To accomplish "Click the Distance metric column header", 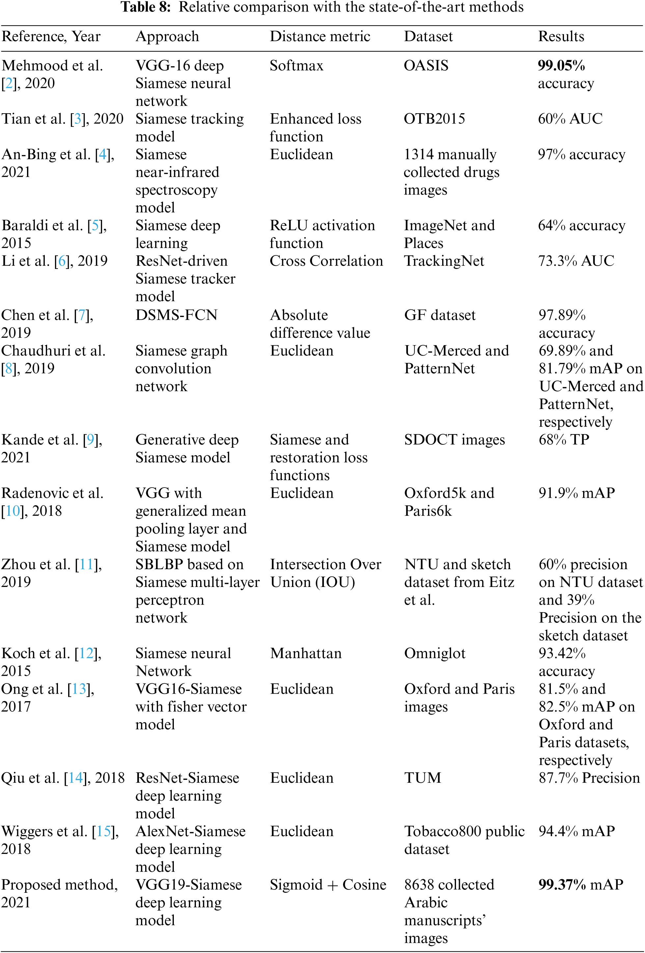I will click(320, 37).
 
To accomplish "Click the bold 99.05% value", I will click(561, 66).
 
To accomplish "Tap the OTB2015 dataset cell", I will click(434, 119).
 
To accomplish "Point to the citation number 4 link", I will click(102, 155).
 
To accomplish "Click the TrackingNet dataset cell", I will click(444, 261).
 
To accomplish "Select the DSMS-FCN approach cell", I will click(176, 315).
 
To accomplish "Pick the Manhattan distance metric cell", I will click(306, 653).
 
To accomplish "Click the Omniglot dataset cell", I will click(435, 653).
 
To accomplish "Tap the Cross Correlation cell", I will click(326, 261).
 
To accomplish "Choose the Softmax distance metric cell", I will click(296, 66).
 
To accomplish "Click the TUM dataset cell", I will click(422, 778).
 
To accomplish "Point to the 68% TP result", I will click(564, 439).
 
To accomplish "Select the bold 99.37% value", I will click(562, 885).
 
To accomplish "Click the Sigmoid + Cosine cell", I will click(328, 885).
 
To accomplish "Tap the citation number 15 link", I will click(103, 831).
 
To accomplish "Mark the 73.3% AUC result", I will click(576, 261).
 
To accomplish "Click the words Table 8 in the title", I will click(145, 7).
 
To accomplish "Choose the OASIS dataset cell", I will click(426, 66).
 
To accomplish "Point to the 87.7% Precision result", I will click(589, 778).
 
